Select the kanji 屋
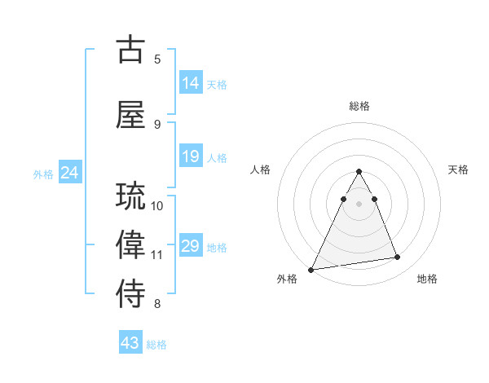click(x=131, y=114)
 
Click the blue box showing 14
click(x=191, y=82)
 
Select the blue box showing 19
click(x=191, y=156)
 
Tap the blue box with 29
click(x=191, y=246)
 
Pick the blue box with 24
click(x=70, y=172)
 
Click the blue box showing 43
click(x=130, y=343)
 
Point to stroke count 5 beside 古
click(x=157, y=59)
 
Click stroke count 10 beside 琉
click(x=157, y=205)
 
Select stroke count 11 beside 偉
click(x=157, y=255)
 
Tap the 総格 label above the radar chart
click(x=359, y=106)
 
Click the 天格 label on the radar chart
click(x=459, y=169)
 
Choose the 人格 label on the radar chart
click(x=261, y=169)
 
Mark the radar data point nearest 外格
click(x=311, y=269)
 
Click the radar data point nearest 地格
click(x=398, y=258)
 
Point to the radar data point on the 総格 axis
click(x=359, y=171)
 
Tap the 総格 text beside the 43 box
click(x=156, y=345)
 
